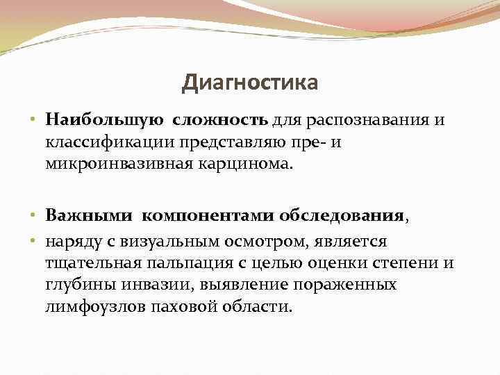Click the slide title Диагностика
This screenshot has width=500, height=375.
(250, 83)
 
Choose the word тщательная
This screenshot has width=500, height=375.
(92, 263)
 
